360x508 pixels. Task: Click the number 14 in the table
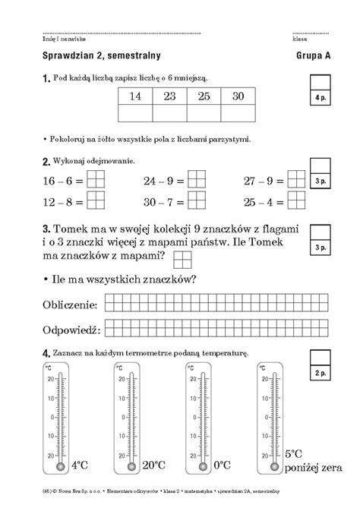tap(135, 96)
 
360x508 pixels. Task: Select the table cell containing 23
tap(169, 96)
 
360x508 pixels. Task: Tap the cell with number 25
tap(204, 96)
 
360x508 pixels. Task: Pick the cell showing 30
tap(238, 96)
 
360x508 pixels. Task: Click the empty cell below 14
tap(135, 113)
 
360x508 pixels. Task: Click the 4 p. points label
tap(319, 99)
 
